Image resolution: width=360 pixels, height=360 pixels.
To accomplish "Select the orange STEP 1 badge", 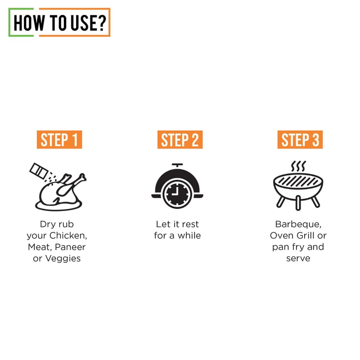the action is [x=59, y=139].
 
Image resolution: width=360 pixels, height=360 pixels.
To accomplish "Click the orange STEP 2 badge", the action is [x=180, y=139].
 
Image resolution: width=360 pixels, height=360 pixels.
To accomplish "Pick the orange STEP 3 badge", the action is [x=300, y=139].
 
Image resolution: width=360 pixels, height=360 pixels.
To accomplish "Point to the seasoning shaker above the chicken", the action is [x=39, y=171].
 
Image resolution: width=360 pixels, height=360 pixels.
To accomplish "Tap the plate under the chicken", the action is [x=58, y=206].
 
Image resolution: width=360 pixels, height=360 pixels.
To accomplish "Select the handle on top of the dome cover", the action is [x=177, y=165].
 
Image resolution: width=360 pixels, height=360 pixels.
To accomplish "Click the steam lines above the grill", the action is [x=298, y=166].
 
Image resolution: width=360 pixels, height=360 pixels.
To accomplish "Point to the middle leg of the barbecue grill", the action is [x=298, y=203].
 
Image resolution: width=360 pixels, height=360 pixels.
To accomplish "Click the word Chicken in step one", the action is [x=68, y=235].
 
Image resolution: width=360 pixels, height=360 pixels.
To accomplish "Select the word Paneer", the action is [x=70, y=247].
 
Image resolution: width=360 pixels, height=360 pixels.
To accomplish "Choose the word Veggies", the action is [x=63, y=259].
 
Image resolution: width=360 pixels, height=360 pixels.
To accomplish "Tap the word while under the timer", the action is [x=189, y=235].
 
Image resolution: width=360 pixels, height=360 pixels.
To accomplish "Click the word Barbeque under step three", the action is [x=298, y=224].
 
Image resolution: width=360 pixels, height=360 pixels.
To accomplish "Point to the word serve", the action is [x=298, y=259].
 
